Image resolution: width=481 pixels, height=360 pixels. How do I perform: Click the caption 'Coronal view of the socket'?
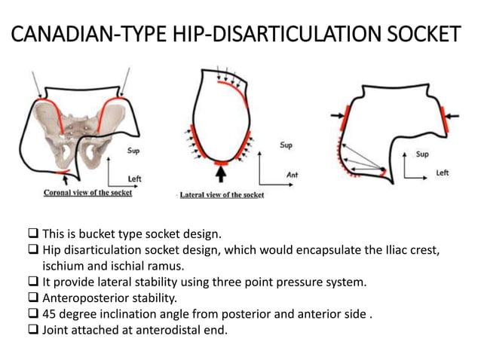87,193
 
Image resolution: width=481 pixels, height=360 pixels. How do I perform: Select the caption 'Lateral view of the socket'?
222,194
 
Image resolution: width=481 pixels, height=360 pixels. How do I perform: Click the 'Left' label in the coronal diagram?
135,178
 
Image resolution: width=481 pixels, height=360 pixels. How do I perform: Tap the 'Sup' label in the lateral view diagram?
286,145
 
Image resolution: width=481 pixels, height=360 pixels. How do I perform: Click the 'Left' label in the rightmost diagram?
443,172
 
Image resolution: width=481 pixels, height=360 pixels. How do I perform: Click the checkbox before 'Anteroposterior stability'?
34,298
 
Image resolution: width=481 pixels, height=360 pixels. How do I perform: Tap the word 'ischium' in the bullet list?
63,265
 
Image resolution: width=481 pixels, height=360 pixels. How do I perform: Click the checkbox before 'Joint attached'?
34,331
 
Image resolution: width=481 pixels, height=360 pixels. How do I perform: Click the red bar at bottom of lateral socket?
221,161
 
